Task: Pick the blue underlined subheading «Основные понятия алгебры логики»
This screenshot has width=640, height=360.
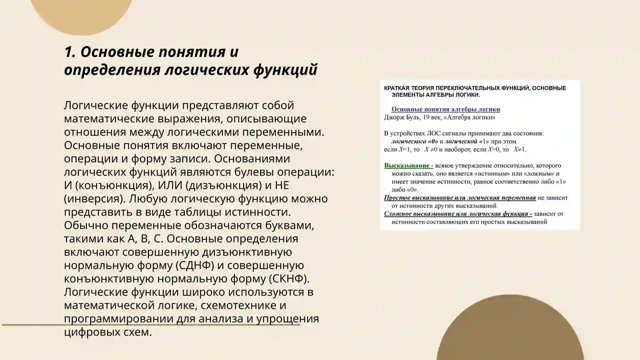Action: coord(446,109)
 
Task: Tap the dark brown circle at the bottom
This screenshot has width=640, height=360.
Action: coord(510,332)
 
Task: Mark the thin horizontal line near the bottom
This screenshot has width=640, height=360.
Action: coord(32,325)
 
